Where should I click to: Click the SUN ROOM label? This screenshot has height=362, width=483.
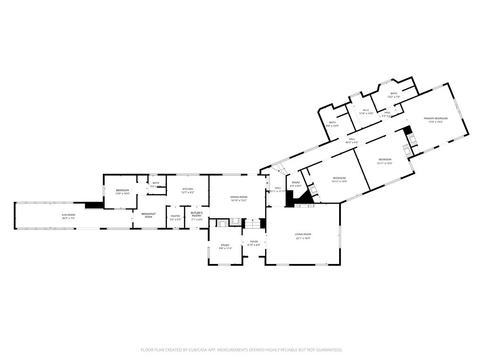coord(68,214)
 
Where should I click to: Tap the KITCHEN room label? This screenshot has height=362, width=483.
coord(188,189)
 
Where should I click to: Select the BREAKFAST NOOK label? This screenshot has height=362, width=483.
coord(149,215)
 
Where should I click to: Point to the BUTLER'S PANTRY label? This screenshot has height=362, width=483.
coord(197,214)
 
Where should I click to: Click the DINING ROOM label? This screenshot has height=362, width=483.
coord(239,197)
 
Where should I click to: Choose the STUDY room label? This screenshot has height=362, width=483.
coord(225,245)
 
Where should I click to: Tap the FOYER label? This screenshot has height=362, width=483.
coord(254,242)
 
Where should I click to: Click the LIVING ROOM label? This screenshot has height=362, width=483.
coord(303,234)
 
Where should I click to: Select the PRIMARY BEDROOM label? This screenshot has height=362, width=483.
coord(435,118)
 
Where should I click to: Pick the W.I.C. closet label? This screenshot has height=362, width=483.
coord(366,110)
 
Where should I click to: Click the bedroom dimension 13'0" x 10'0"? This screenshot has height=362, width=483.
coord(122,194)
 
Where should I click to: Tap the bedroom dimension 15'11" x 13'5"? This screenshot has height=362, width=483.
coord(384,163)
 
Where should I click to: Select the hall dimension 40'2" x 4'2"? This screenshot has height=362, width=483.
coord(352,142)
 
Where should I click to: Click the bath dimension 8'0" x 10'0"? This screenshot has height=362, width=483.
coord(333,126)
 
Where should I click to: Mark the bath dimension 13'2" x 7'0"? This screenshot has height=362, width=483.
coord(393,97)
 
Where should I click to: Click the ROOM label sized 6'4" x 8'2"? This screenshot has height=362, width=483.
coord(296,182)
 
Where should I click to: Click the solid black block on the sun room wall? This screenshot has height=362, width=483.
coord(94,205)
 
